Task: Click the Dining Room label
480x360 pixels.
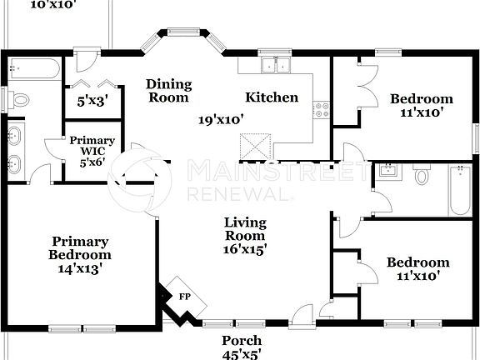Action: pyautogui.click(x=168, y=91)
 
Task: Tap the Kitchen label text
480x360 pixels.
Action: pyautogui.click(x=272, y=97)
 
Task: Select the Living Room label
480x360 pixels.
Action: pyautogui.click(x=244, y=229)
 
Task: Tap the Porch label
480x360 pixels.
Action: pyautogui.click(x=242, y=341)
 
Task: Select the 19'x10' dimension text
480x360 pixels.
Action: pyautogui.click(x=220, y=119)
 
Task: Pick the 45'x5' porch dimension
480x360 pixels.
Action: pyautogui.click(x=242, y=353)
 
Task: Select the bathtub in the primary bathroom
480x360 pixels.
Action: pyautogui.click(x=33, y=68)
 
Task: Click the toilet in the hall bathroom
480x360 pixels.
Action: pyautogui.click(x=422, y=176)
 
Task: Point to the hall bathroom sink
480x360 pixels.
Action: pyautogui.click(x=386, y=172)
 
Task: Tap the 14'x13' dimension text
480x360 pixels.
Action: pyautogui.click(x=80, y=268)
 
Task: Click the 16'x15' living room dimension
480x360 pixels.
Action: pyautogui.click(x=244, y=249)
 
